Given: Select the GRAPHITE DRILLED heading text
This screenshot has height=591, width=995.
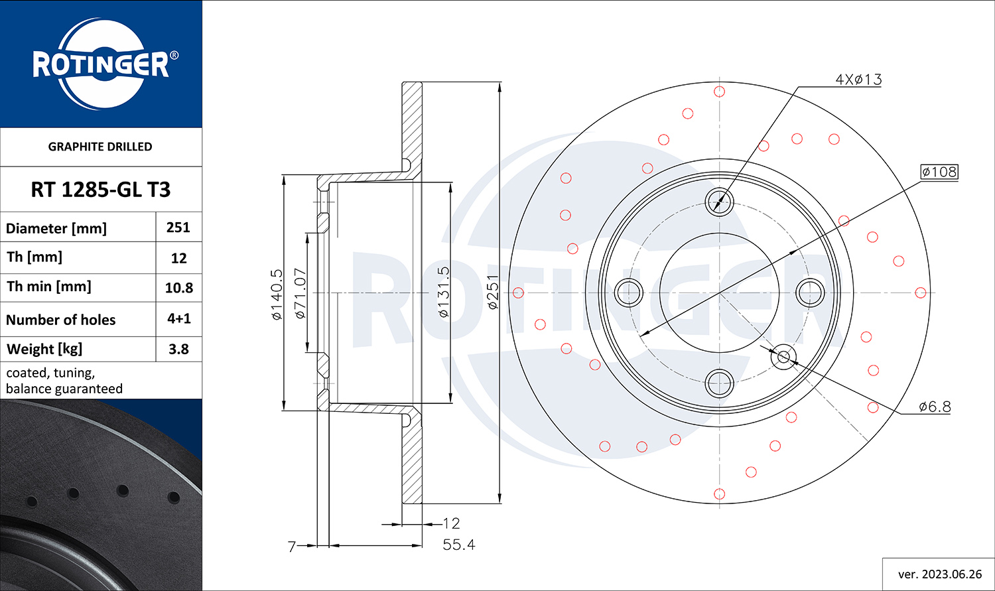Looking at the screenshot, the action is (100, 147).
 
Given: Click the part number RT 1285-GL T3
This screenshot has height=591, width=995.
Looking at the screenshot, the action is (100, 190).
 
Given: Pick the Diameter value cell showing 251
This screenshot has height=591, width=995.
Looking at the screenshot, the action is (178, 228).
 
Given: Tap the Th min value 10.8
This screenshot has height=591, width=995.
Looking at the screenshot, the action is (178, 288).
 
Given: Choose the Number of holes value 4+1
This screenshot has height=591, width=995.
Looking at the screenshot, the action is (178, 318).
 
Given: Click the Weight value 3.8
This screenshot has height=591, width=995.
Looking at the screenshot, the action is (178, 349).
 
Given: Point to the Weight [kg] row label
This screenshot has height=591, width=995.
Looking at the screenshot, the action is (44, 349).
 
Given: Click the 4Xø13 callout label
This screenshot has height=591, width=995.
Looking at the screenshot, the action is (858, 80).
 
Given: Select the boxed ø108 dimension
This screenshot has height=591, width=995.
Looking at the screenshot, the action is (939, 172).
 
